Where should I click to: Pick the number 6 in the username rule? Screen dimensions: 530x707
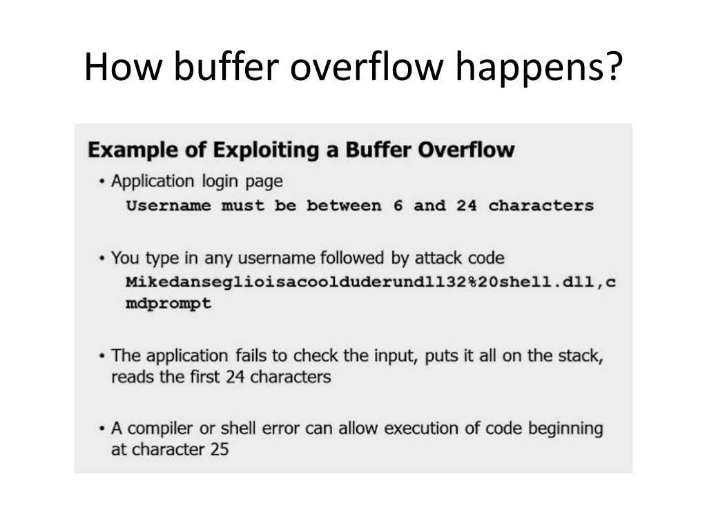coord(398,206)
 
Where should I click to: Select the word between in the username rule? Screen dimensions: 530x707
coord(345,206)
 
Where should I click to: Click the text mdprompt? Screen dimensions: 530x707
coord(168,304)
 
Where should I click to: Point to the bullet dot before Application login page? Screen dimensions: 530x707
coord(102,182)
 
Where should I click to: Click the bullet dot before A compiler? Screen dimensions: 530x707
coord(102,429)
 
